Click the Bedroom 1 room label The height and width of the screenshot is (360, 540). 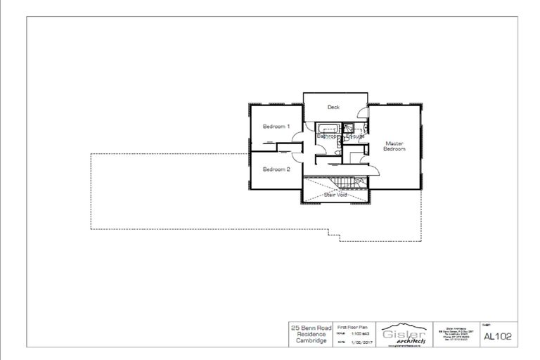click(276, 127)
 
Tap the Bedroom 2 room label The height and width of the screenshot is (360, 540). click(276, 169)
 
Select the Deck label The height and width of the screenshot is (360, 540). click(333, 108)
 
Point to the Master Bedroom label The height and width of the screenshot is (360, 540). click(393, 146)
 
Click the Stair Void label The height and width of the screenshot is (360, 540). click(335, 194)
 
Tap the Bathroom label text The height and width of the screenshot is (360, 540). click(328, 136)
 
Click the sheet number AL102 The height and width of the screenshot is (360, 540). click(497, 335)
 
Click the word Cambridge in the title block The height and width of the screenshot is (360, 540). click(310, 340)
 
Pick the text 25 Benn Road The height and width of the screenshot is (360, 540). click(310, 328)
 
